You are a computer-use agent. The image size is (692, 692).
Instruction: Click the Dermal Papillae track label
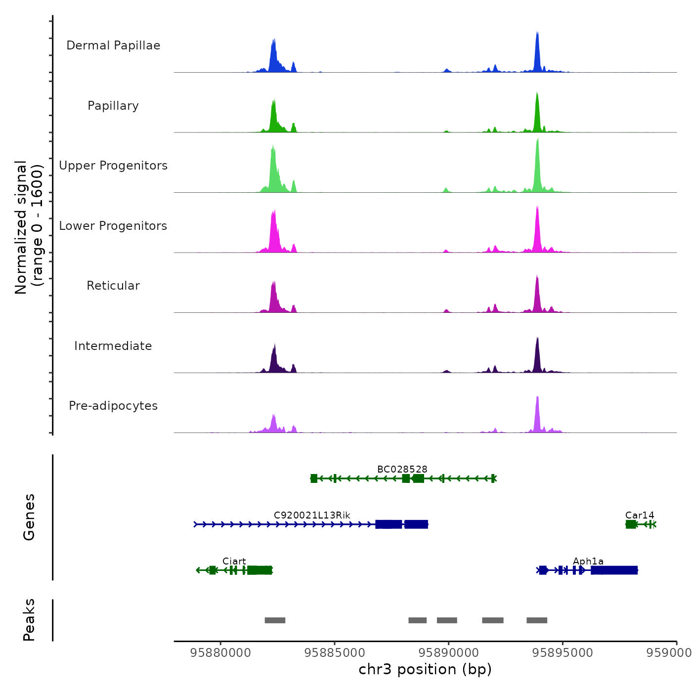click(113, 45)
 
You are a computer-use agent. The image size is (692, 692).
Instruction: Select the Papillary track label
click(113, 106)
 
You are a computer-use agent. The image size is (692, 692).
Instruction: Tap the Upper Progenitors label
click(113, 166)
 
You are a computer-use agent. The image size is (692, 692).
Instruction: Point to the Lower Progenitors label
click(113, 226)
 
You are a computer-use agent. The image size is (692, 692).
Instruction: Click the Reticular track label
click(113, 286)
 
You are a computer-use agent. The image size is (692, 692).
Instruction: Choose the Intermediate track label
click(113, 346)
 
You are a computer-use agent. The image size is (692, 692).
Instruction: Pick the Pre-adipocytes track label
click(113, 406)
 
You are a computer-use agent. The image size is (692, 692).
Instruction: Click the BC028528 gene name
click(402, 469)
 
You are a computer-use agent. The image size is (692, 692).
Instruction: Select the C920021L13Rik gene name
click(312, 515)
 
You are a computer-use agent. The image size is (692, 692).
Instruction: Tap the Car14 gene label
click(640, 515)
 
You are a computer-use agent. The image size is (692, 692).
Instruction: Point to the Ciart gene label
click(234, 561)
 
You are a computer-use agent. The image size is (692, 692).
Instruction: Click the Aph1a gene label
click(588, 561)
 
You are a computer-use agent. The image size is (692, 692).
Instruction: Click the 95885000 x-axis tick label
click(335, 653)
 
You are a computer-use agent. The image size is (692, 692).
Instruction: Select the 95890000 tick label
click(449, 653)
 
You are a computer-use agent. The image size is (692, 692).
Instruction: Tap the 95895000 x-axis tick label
click(562, 653)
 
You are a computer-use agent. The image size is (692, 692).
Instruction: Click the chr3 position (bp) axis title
click(425, 669)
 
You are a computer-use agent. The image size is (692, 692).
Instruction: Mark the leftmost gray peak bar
click(275, 620)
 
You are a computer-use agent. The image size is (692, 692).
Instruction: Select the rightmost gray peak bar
click(537, 620)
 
